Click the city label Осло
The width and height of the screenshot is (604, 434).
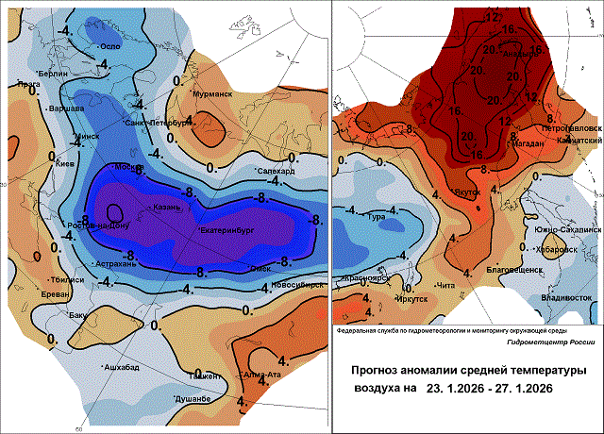coord(112,46)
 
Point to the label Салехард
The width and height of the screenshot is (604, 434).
coord(277,171)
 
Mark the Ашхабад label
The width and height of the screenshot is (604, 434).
coord(121,366)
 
